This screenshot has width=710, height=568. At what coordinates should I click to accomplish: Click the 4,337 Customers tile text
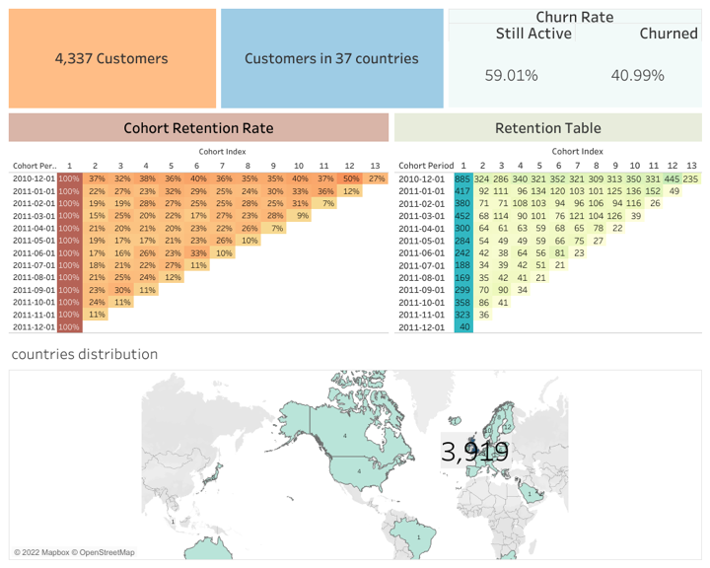pos(111,58)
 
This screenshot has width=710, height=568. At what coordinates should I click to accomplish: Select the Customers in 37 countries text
pos(331,58)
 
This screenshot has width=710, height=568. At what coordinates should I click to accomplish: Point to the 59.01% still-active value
pos(511,75)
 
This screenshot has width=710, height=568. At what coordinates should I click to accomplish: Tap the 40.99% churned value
pos(637,75)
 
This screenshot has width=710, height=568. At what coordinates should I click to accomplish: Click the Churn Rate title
pos(575,16)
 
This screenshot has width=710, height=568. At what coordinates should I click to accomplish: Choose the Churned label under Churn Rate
pos(668,34)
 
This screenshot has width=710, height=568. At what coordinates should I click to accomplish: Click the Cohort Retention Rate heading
pos(198,128)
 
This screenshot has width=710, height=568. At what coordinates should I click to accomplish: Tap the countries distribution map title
pos(84,354)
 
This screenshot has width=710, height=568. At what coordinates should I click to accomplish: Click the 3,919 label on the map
pos(475,453)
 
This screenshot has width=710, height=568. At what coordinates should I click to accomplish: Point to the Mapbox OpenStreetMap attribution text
pos(75,552)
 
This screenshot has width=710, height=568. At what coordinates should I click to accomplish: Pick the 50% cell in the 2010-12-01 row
pos(350,178)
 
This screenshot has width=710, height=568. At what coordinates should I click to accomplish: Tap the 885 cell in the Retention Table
pos(463,178)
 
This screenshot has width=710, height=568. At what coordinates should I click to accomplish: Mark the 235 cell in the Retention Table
pos(690,178)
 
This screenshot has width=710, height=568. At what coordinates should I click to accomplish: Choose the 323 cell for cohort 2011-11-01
pos(463,314)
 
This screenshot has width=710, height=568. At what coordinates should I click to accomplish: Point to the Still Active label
pos(533,34)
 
